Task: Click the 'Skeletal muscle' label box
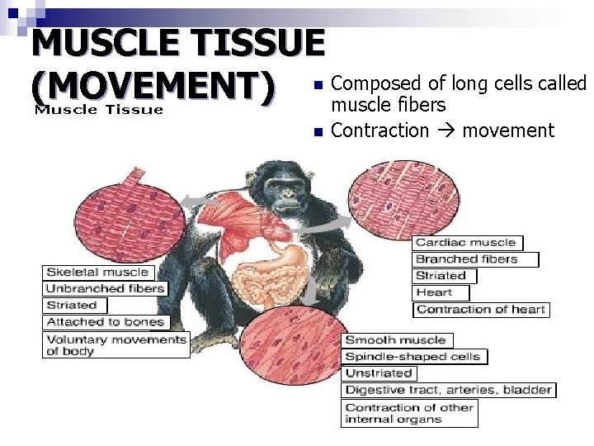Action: click(x=97, y=272)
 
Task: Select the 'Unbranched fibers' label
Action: click(x=105, y=288)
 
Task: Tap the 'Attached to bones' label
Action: click(x=105, y=321)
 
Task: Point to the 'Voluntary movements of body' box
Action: click(x=115, y=344)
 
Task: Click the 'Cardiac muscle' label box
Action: click(x=467, y=243)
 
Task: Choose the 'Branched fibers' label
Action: click(x=475, y=259)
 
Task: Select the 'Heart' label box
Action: click(x=441, y=292)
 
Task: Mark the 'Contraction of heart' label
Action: click(x=481, y=309)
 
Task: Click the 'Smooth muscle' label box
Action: click(x=395, y=340)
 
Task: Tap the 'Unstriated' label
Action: click(x=379, y=373)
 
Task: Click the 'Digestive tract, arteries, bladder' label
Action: click(x=448, y=390)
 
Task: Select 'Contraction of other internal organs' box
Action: click(x=409, y=413)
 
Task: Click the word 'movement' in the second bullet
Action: click(x=508, y=130)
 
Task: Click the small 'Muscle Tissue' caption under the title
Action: click(x=98, y=110)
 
